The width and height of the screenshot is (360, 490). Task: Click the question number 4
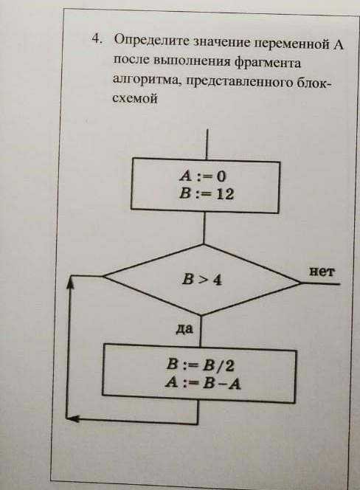click(x=97, y=38)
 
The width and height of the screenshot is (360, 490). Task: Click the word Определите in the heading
click(x=151, y=41)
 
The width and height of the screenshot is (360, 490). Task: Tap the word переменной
click(x=292, y=44)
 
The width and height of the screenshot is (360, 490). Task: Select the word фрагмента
click(x=268, y=63)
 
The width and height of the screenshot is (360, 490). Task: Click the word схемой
click(x=135, y=98)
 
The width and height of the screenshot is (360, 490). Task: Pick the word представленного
click(x=240, y=82)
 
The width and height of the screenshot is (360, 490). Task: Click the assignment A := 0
click(x=202, y=176)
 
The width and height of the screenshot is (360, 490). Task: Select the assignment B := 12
click(x=207, y=194)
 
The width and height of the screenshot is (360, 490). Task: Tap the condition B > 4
click(x=202, y=279)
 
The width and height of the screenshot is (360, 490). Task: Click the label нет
click(x=322, y=272)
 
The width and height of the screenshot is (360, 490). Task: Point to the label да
click(x=184, y=328)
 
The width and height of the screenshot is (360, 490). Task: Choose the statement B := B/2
click(x=201, y=365)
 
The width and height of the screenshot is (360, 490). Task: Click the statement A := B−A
click(x=203, y=383)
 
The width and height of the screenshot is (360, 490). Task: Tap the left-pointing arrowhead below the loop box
click(x=72, y=418)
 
